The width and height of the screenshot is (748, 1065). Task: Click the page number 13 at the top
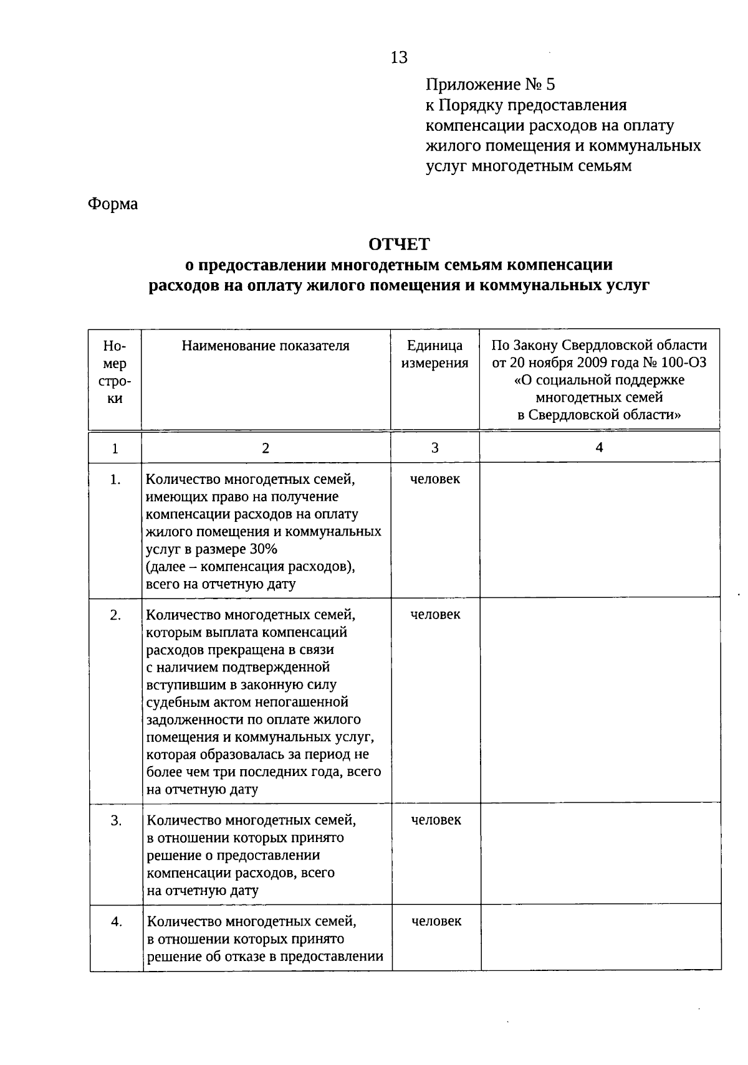tap(398, 57)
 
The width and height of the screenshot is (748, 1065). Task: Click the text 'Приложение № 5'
tap(490, 84)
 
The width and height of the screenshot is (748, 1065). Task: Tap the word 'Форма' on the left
tap(113, 204)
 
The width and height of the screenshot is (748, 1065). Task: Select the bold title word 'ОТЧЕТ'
tap(399, 244)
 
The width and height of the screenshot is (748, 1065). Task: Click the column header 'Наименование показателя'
tap(266, 346)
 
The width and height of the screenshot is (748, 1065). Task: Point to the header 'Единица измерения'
tap(434, 354)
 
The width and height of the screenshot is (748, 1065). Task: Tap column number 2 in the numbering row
tap(266, 448)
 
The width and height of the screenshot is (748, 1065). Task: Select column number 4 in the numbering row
tap(599, 447)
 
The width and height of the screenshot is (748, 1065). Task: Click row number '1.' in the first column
tap(115, 480)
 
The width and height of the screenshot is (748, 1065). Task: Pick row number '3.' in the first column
tap(116, 821)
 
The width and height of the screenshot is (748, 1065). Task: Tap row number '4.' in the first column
tap(116, 922)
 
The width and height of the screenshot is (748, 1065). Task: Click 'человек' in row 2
tap(435, 614)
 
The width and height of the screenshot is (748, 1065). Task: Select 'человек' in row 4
tap(436, 921)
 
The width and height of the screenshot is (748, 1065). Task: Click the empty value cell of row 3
tap(600, 854)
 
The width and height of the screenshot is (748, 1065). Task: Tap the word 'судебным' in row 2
tap(174, 703)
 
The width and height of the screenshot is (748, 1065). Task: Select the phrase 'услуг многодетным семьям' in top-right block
tap(529, 166)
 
